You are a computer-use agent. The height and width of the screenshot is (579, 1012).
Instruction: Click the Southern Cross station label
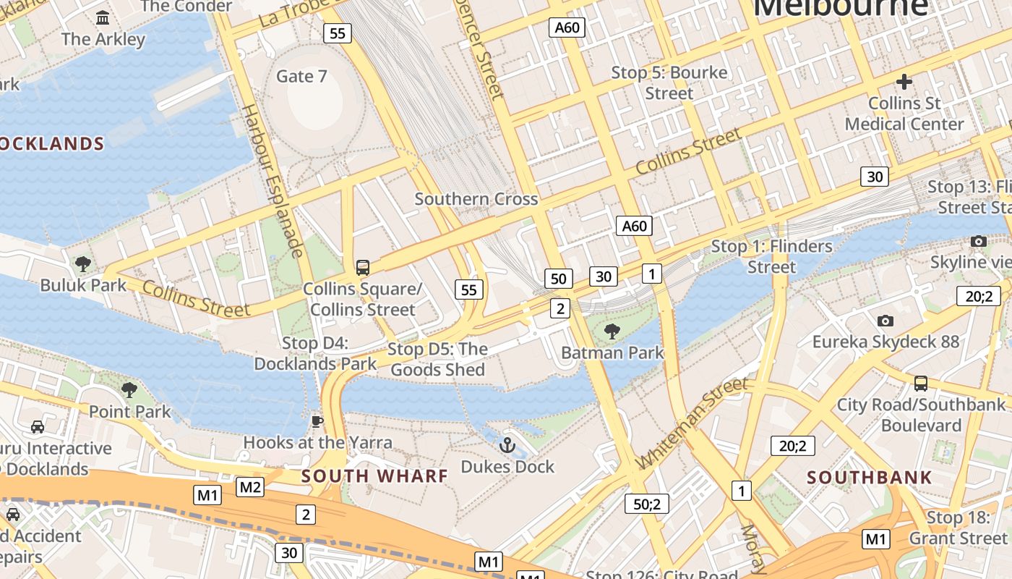click(x=476, y=199)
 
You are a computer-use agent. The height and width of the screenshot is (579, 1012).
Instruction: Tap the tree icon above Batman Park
click(x=612, y=331)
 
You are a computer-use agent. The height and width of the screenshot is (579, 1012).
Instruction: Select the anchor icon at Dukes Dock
click(x=507, y=444)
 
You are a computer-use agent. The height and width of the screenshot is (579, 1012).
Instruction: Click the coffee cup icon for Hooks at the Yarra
click(x=317, y=421)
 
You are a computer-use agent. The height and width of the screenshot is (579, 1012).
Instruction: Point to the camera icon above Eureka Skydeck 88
click(x=885, y=321)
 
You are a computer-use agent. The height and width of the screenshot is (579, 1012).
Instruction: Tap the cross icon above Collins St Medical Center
click(x=904, y=82)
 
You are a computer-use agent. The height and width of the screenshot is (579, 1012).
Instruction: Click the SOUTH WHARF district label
click(x=374, y=476)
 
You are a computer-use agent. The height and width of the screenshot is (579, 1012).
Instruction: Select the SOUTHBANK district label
click(x=870, y=478)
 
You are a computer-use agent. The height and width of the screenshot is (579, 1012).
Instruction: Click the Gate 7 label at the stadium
click(x=301, y=76)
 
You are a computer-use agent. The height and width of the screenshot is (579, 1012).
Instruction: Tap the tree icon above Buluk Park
click(x=83, y=263)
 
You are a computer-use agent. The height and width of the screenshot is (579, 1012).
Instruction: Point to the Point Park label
click(x=129, y=412)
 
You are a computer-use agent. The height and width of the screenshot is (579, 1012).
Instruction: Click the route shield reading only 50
click(x=558, y=279)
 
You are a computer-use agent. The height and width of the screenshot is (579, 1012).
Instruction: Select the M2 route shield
click(x=250, y=487)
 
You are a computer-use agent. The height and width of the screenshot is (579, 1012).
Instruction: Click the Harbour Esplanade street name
click(x=271, y=181)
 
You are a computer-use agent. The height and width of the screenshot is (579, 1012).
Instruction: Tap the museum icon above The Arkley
click(x=103, y=17)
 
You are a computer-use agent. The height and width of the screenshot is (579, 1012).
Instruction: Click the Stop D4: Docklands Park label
click(x=315, y=353)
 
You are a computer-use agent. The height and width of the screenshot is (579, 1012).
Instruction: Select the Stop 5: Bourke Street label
click(x=669, y=83)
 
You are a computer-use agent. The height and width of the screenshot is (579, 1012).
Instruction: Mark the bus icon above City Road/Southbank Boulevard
click(x=920, y=383)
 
